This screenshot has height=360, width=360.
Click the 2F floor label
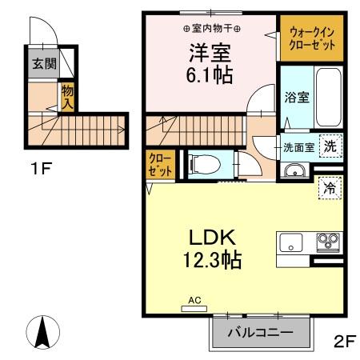343,341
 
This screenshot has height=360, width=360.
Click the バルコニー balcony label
259,332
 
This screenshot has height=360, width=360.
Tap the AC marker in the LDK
194,301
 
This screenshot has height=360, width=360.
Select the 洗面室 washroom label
298,147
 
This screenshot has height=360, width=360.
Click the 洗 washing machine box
330,146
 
